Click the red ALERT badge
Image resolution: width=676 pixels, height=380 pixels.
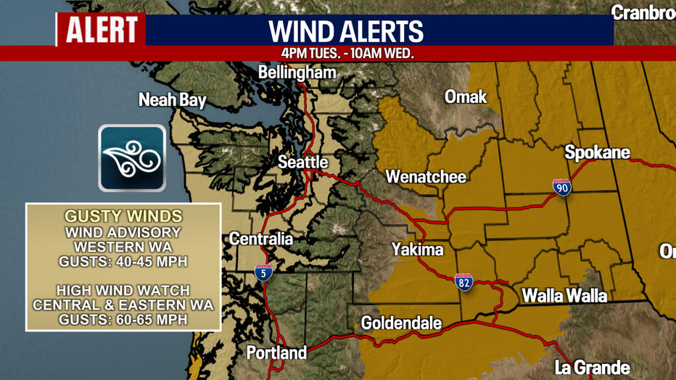pos(102,30)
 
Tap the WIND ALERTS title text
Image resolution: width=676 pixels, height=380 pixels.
pos(346,31)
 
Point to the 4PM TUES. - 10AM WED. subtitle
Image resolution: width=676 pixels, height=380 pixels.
pos(347,54)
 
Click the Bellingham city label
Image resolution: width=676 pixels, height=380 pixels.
pos(297,73)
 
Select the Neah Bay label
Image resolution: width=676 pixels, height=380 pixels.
pos(173,100)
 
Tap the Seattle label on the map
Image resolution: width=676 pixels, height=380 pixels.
pos(303,162)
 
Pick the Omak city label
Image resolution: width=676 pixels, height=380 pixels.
pos(466,96)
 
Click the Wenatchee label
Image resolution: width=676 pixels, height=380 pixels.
pos(426,176)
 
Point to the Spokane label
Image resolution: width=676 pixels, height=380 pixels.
pos(597,153)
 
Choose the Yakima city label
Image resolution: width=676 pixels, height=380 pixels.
pos(417,249)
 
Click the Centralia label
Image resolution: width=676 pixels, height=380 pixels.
pos(261,239)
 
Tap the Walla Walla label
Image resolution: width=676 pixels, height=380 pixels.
pos(564,296)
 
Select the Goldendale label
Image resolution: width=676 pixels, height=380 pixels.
pos(401,323)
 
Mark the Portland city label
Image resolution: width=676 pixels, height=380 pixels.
pos(276,353)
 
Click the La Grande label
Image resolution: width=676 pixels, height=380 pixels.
pos(592,368)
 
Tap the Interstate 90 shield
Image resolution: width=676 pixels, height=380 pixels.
pos(561,187)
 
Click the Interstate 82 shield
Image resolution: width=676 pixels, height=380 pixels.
pos(464,281)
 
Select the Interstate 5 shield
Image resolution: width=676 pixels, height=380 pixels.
pos(263,273)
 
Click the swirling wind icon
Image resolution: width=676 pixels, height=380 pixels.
pos(132,158)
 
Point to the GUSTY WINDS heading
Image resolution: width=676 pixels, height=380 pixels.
pos(123,217)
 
